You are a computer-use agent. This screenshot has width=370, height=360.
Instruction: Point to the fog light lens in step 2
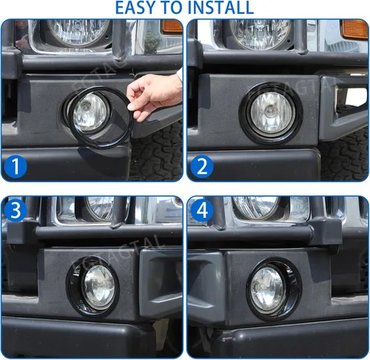tap(271, 111)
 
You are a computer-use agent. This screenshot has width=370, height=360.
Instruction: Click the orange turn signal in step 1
tap(172, 27)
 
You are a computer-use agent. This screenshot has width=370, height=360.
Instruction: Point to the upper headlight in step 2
tap(259, 32)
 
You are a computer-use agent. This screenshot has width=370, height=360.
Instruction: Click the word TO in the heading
tap(182, 8)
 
